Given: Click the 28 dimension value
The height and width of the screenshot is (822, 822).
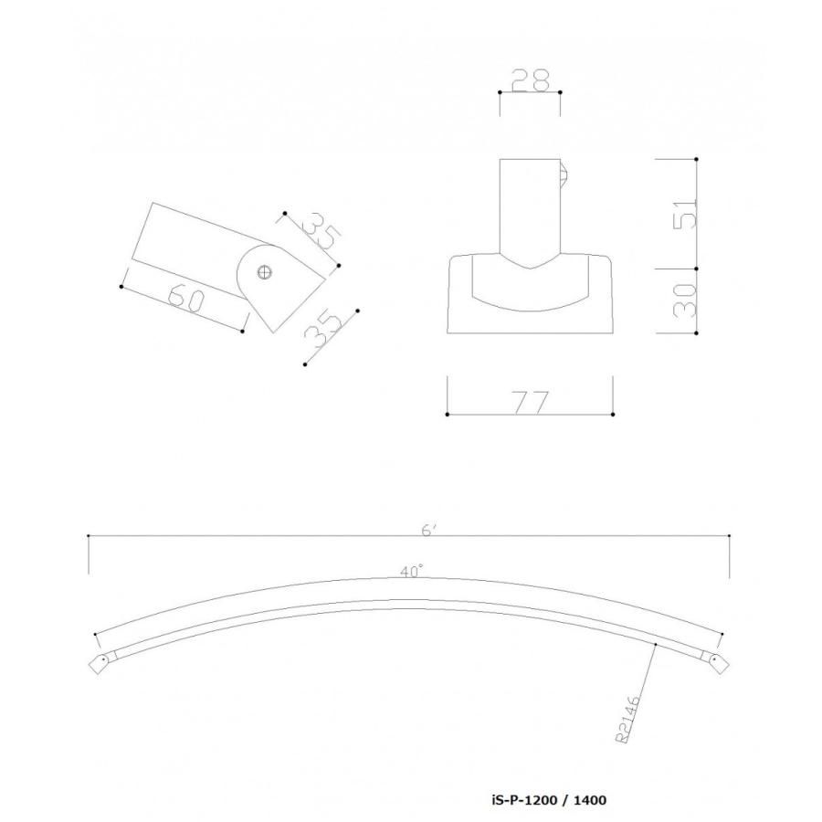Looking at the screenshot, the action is (530, 80).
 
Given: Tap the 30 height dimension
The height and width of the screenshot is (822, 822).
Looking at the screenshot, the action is (685, 300).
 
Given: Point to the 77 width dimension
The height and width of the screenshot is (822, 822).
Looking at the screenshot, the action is (531, 402).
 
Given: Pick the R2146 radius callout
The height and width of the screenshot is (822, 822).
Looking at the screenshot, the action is (628, 719).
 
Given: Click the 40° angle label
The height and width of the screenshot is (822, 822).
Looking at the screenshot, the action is (412, 572).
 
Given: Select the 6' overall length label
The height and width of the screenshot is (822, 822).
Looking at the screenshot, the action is (428, 531).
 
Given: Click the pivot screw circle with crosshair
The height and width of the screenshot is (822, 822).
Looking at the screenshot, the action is (265, 272).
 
